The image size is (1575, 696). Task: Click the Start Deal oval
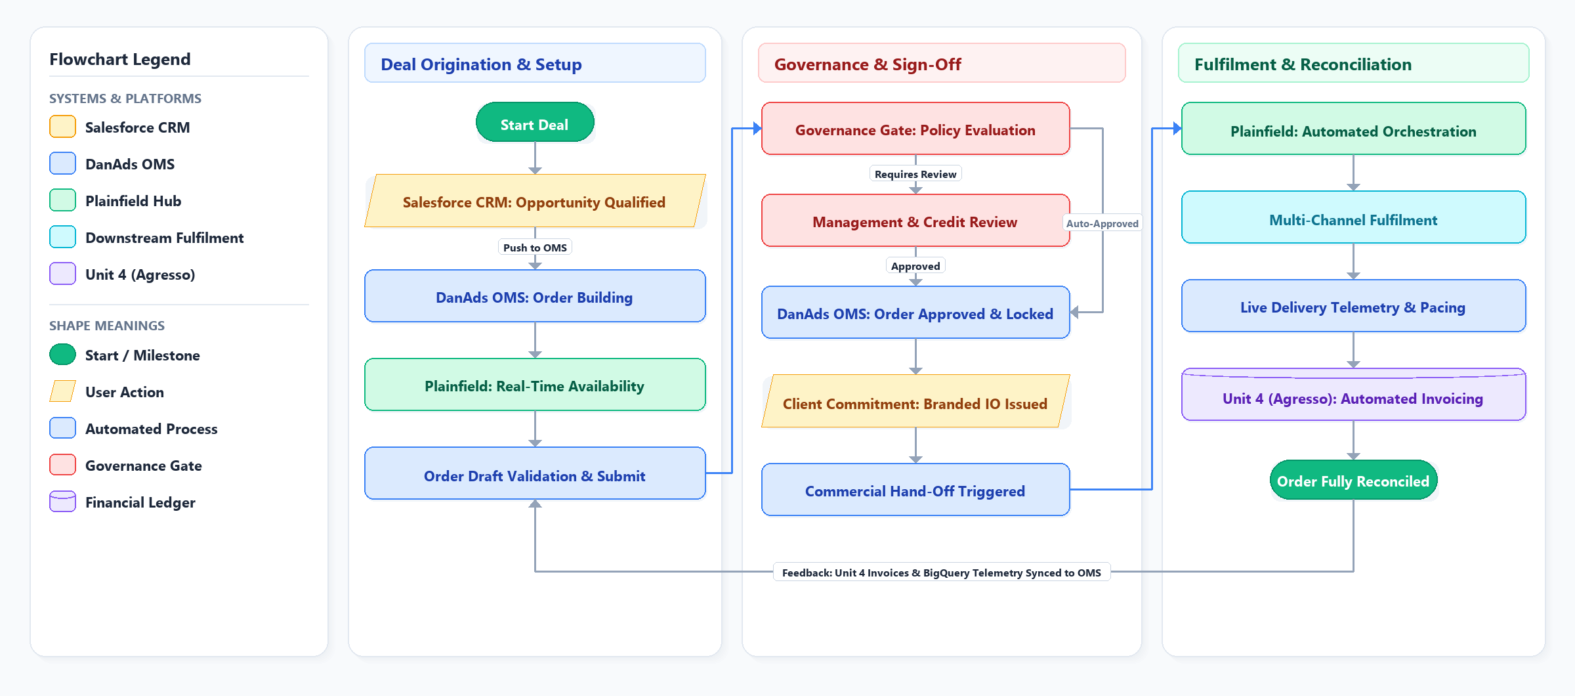pyautogui.click(x=535, y=122)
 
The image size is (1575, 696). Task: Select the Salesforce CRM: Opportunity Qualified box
pyautogui.click(x=535, y=201)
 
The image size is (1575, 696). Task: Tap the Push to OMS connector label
pyautogui.click(x=535, y=248)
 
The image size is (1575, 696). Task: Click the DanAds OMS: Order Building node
pyautogui.click(x=535, y=296)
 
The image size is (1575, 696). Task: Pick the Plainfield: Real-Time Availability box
pyautogui.click(x=535, y=385)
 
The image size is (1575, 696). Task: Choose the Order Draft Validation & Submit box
pyautogui.click(x=535, y=473)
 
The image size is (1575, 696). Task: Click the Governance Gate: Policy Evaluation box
pyautogui.click(x=915, y=129)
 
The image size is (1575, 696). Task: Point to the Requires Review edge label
pyautogui.click(x=915, y=174)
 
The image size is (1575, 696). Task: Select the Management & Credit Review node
pyautogui.click(x=915, y=221)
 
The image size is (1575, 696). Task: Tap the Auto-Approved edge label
pyautogui.click(x=1102, y=223)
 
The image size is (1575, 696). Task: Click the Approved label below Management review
pyautogui.click(x=915, y=266)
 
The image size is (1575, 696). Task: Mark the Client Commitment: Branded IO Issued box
pyautogui.click(x=915, y=401)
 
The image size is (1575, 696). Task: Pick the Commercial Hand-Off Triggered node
pyautogui.click(x=915, y=490)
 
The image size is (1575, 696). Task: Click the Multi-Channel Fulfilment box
pyautogui.click(x=1353, y=217)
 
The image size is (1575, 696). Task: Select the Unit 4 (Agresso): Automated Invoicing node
pyautogui.click(x=1353, y=395)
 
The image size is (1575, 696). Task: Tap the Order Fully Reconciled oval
pyautogui.click(x=1353, y=480)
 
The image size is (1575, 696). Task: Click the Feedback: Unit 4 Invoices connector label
pyautogui.click(x=942, y=573)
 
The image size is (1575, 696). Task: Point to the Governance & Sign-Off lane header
pyautogui.click(x=942, y=63)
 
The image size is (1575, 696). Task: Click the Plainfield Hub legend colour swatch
pyautogui.click(x=63, y=200)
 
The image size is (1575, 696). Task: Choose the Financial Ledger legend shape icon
pyautogui.click(x=63, y=502)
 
